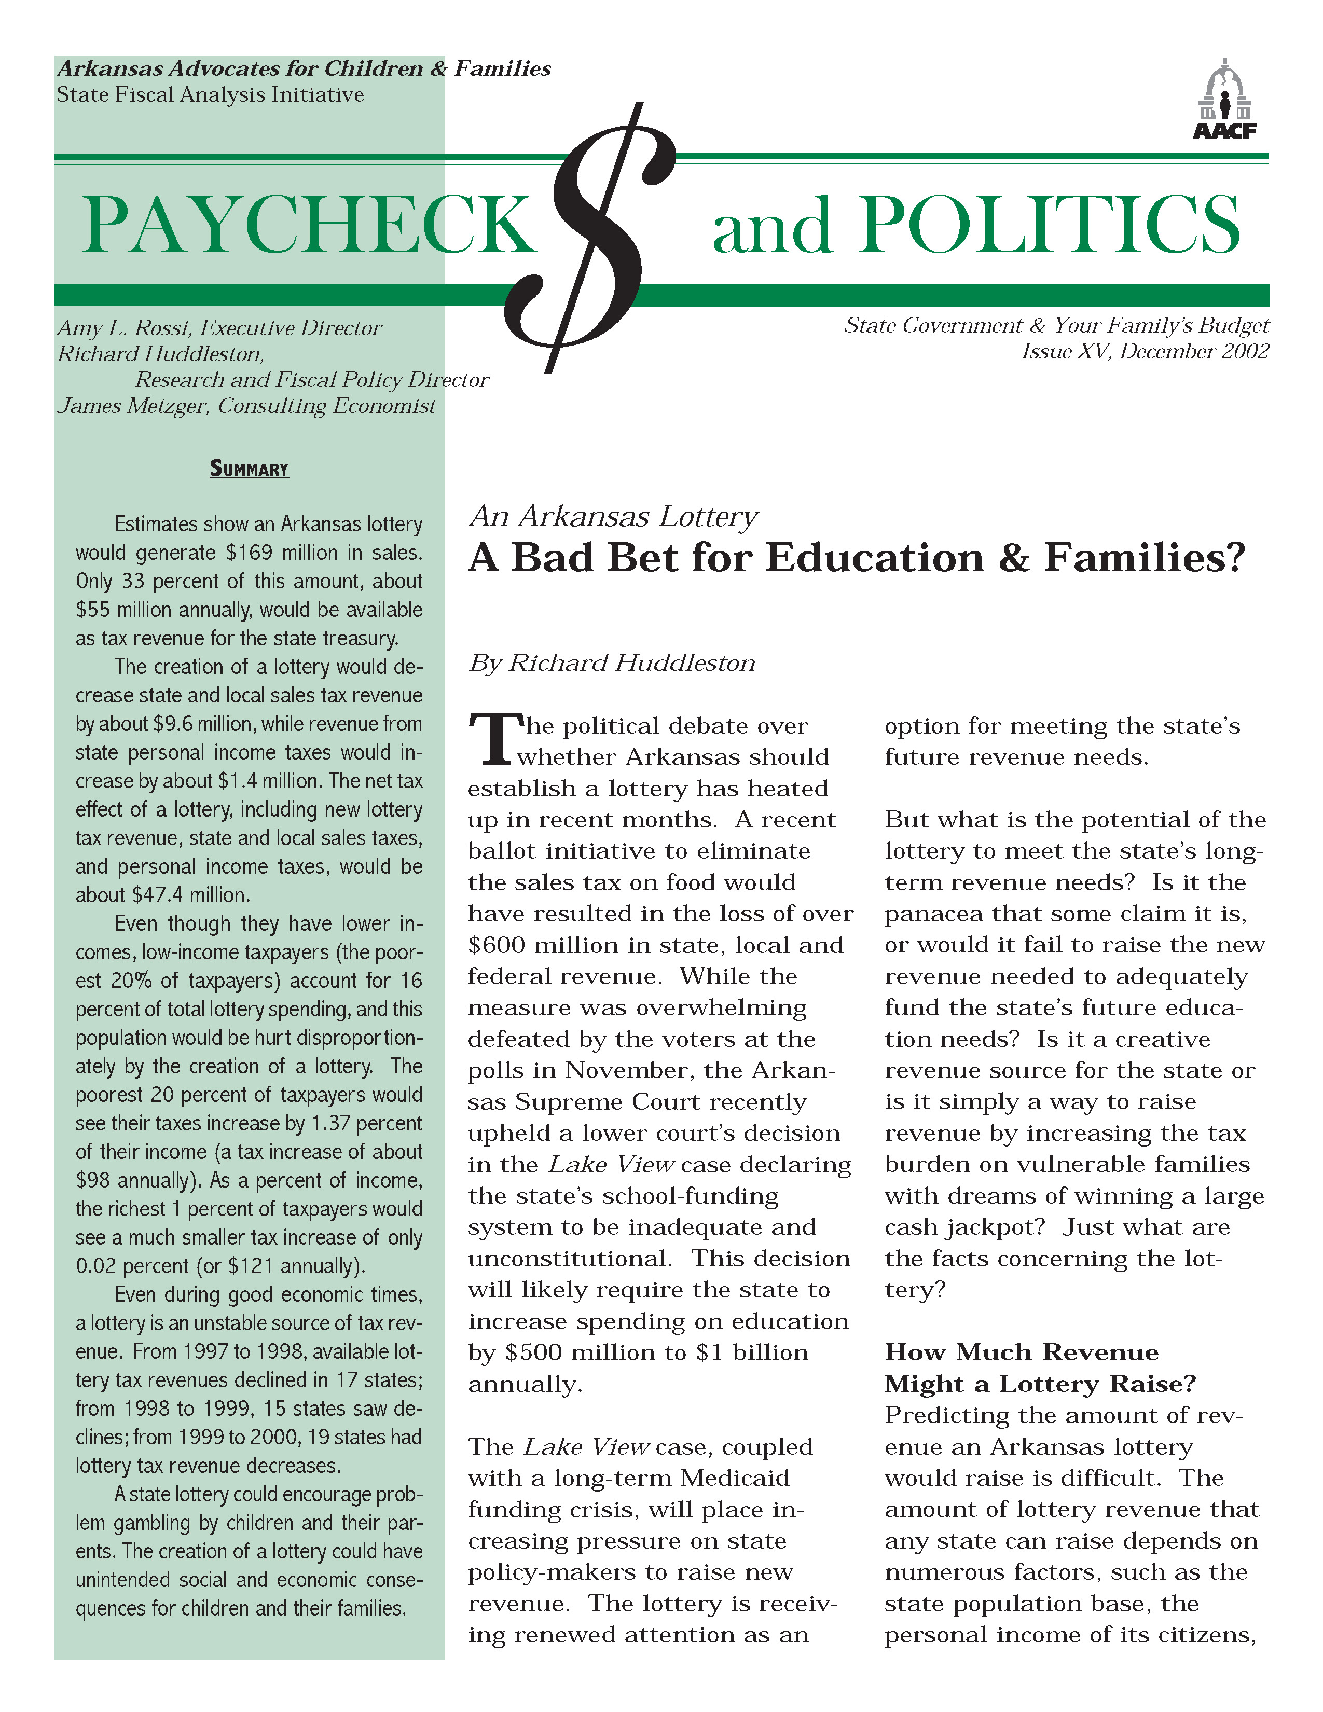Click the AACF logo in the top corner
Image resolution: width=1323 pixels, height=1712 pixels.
coord(1224,100)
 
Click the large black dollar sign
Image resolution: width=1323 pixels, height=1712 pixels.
coord(603,235)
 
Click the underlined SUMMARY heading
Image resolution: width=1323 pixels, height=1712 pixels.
coord(249,470)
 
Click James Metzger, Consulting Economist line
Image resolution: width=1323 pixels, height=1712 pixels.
coord(246,406)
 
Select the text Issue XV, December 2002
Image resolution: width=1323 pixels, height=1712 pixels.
coord(1145,351)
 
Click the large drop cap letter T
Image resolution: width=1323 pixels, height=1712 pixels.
coord(494,740)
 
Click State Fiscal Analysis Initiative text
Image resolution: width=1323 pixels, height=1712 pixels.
coord(210,95)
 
